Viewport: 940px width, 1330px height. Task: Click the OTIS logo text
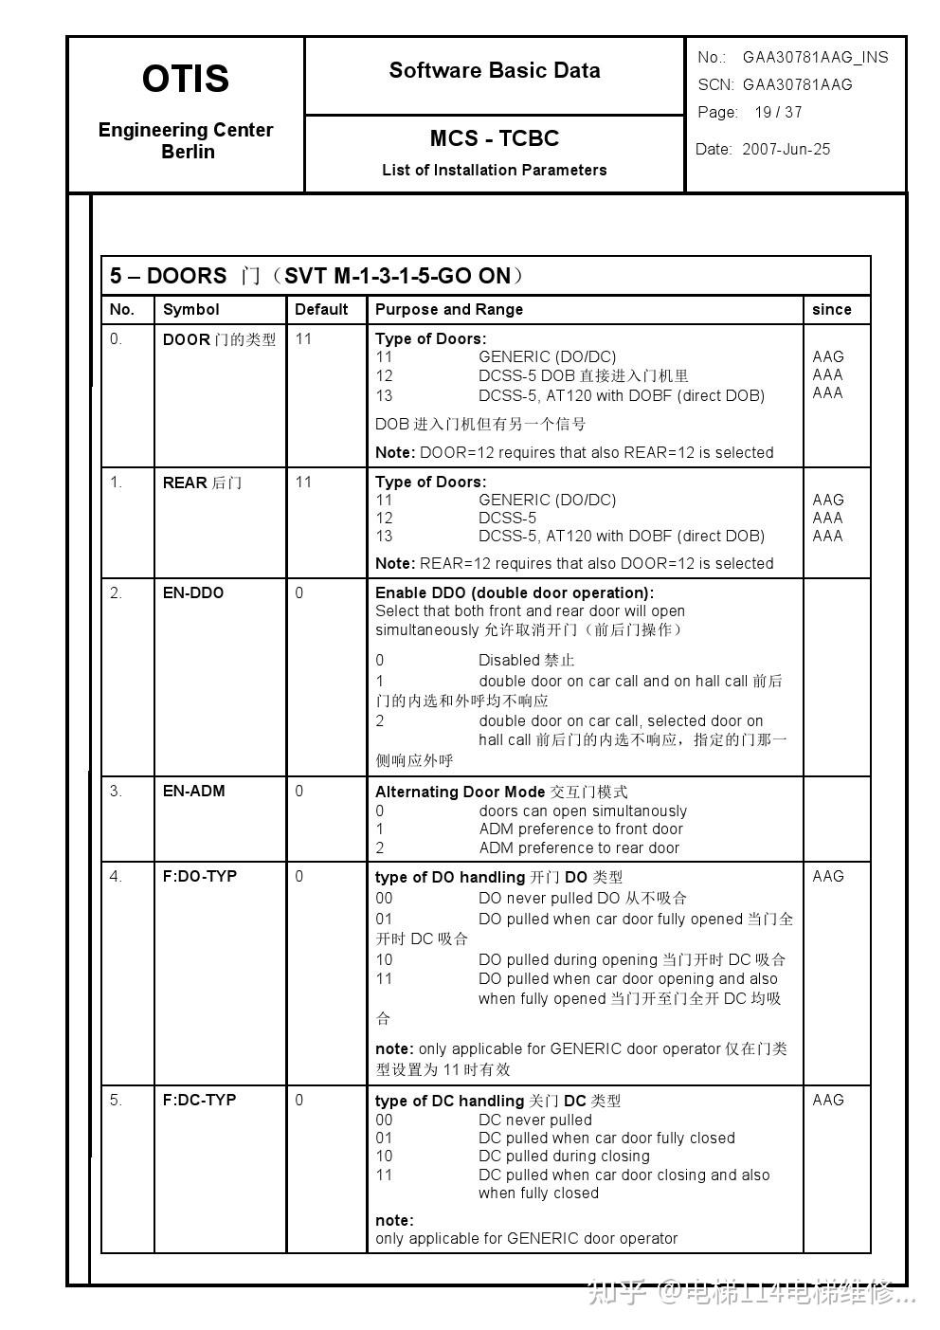point(186,79)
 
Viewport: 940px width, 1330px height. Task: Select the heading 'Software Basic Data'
point(494,70)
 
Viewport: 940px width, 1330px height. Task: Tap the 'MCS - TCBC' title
point(494,138)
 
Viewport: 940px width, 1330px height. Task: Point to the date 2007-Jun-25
point(786,149)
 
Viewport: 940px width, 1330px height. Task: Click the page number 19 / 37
point(778,112)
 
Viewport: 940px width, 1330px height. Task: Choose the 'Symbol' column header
point(190,309)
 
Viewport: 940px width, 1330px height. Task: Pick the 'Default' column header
point(321,309)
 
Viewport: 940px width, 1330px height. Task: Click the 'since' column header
point(831,309)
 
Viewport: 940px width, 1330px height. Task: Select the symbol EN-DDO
point(193,592)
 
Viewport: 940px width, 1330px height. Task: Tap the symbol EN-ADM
point(193,791)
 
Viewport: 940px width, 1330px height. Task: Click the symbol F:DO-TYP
point(199,876)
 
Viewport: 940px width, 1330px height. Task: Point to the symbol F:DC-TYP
point(199,1100)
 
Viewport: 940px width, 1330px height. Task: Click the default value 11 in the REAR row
point(303,482)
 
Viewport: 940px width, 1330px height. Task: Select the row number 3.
point(116,791)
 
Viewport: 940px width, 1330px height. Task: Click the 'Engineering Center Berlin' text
point(186,140)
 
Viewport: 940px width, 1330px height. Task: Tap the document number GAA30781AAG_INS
point(815,57)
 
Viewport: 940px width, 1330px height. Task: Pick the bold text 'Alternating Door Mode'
point(460,792)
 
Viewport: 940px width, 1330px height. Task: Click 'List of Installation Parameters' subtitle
point(494,170)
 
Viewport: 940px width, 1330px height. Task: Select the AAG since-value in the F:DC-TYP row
point(827,1100)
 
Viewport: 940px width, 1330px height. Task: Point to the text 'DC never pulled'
point(534,1120)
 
